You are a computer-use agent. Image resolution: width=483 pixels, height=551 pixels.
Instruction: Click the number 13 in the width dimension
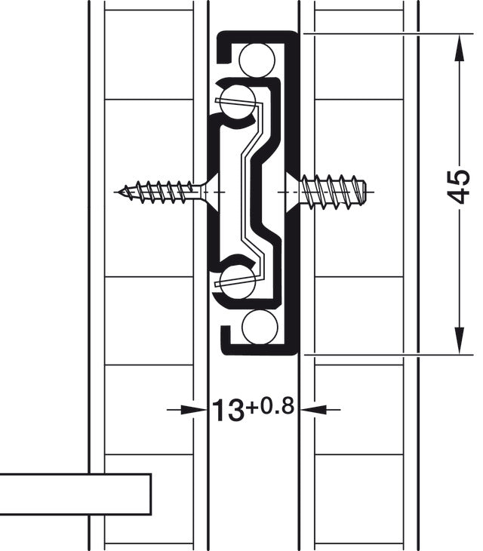click(x=226, y=411)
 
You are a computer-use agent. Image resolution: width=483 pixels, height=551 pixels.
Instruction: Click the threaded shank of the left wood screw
click(x=158, y=192)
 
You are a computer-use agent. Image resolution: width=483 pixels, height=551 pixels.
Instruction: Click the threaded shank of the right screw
click(x=332, y=191)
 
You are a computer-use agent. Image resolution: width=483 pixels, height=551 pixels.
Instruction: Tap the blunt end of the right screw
click(x=368, y=191)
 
